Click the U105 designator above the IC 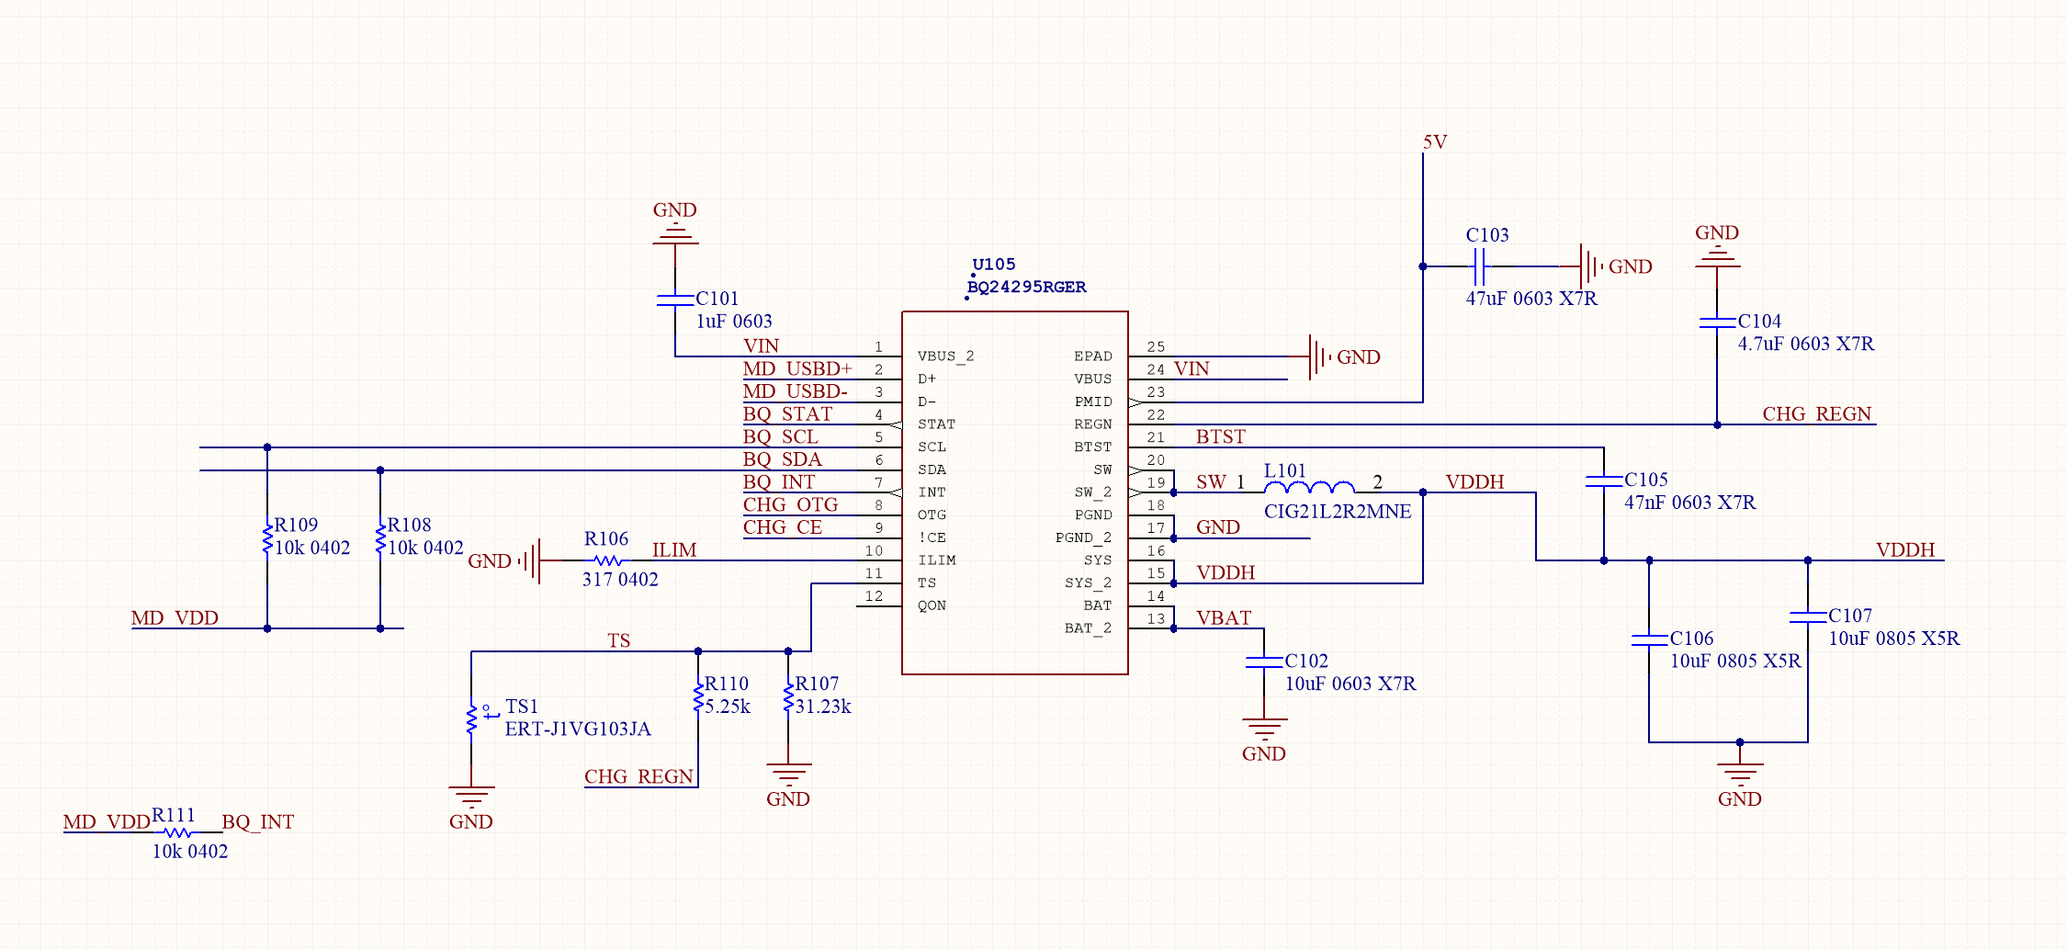coord(993,265)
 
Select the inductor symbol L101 coord(1309,487)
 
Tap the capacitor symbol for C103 coord(1479,266)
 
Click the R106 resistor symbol coord(607,560)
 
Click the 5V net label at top coord(1435,142)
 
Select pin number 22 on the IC coord(1156,415)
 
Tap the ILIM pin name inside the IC coord(936,560)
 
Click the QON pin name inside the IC coord(932,605)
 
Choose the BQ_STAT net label coord(787,414)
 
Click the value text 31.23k coord(823,707)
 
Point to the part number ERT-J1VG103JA coord(578,729)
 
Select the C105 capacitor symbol coord(1604,481)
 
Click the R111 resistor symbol coord(177,833)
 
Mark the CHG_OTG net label coord(790,505)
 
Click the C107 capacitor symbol coord(1808,616)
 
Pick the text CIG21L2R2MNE coord(1338,512)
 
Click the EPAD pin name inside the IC coord(1093,356)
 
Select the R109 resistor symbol coord(267,538)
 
